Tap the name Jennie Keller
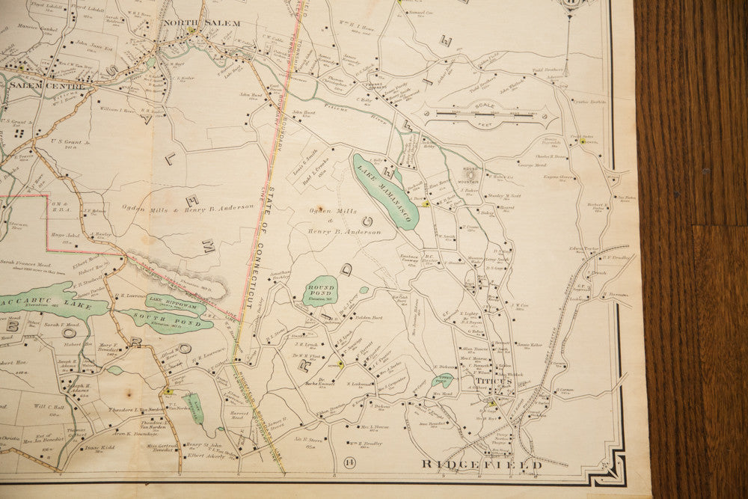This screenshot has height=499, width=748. pos(530,344)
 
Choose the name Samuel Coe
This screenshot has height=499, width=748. pos(421,13)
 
